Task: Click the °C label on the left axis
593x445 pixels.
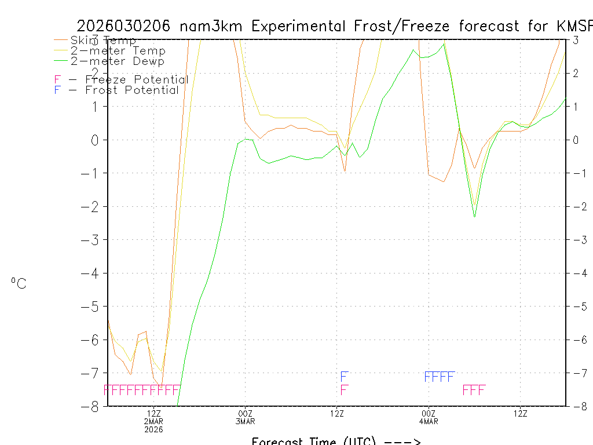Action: tap(19, 283)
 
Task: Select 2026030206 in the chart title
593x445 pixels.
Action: tap(124, 26)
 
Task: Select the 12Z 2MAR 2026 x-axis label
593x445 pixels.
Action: tap(153, 421)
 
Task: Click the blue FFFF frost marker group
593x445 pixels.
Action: tap(440, 377)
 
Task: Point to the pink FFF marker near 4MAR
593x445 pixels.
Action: tap(474, 390)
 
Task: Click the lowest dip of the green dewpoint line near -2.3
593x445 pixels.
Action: tap(475, 216)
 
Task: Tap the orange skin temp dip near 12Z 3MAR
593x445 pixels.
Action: tap(345, 171)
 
